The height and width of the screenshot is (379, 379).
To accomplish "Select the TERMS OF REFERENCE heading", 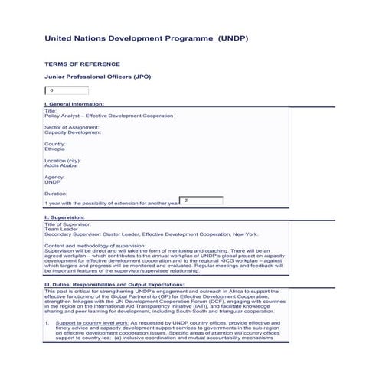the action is (x=82, y=64).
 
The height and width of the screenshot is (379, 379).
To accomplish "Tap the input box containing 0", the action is (x=67, y=90).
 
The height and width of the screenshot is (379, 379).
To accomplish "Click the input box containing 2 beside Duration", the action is (x=201, y=201).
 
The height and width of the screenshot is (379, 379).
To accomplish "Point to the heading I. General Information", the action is (x=74, y=103).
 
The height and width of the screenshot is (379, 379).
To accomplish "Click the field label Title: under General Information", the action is (x=51, y=110).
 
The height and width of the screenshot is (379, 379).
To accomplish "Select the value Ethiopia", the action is (x=55, y=149).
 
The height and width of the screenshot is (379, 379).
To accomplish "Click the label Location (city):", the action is (x=63, y=160).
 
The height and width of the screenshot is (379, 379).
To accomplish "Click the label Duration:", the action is (x=56, y=194).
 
